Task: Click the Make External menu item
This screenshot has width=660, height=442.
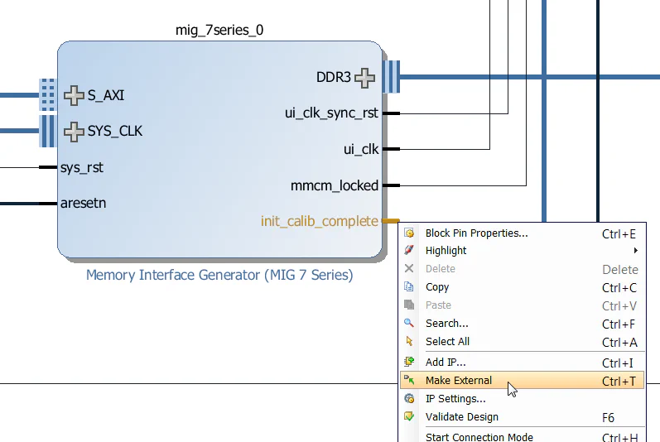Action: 458,381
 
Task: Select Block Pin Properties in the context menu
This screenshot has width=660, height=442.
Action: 476,233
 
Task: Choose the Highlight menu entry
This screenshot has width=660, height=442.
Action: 446,251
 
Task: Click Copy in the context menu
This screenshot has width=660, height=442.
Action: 436,287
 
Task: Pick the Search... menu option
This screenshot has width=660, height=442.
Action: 446,324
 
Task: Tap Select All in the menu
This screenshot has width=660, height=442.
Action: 447,342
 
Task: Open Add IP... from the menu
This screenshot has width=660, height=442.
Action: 445,363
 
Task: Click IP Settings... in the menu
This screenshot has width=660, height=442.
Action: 455,399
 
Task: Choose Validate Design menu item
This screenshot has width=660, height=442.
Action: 461,417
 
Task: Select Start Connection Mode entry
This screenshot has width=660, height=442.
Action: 479,436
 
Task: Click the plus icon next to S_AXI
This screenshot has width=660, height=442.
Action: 75,95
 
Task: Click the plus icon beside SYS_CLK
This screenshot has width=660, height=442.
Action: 75,131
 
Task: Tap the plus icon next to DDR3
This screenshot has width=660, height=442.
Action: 364,78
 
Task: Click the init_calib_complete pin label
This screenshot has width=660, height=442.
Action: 319,222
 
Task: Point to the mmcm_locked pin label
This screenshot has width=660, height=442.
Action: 335,185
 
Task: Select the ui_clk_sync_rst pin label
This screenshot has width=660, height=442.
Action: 331,113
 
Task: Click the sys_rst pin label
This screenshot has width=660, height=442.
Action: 82,167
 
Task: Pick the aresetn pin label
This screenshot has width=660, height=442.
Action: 83,203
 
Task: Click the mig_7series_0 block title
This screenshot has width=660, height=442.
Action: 220,31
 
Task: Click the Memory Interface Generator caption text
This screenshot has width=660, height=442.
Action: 219,275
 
